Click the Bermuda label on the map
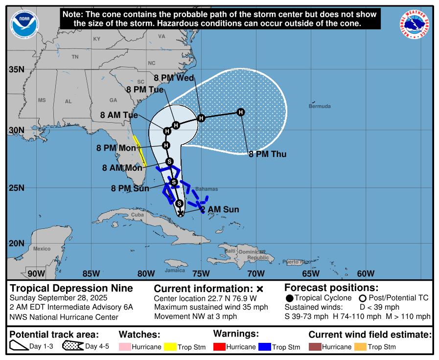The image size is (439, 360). click(320, 106)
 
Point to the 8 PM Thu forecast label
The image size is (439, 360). click(267, 154)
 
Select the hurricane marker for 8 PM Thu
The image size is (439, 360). click(241, 112)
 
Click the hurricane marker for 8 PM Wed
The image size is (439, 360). click(201, 118)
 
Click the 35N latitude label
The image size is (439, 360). click(17, 69)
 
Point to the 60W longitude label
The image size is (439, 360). click(365, 273)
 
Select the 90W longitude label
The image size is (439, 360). click(36, 273)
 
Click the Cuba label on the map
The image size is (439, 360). click(138, 215)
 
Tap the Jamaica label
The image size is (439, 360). click(175, 270)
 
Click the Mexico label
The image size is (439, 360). click(42, 248)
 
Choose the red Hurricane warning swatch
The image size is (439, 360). click(219, 347)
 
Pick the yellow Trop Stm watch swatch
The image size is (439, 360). click(170, 347)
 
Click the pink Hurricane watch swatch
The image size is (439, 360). click(125, 347)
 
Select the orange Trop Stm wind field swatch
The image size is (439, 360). click(360, 347)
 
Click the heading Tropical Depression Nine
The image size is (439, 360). click(71, 288)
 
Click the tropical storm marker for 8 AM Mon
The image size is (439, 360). click(169, 161)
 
